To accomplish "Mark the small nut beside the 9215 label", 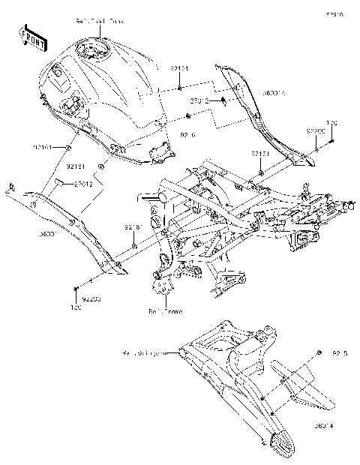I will (320, 352).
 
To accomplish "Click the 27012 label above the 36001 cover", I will (83, 182).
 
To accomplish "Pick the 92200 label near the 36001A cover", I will (314, 131).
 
